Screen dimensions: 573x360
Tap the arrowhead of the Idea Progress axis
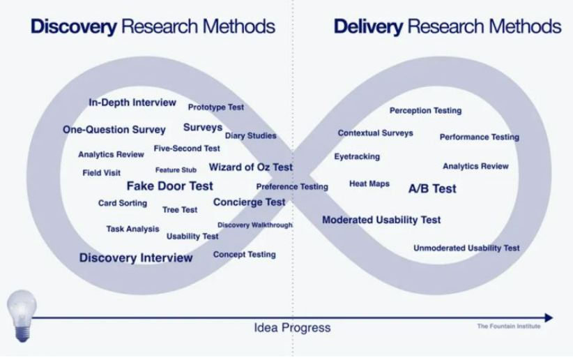549,318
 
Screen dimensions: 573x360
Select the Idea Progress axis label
292,327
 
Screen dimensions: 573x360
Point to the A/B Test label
432,188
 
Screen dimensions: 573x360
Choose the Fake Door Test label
169,186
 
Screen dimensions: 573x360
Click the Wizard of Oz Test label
251,167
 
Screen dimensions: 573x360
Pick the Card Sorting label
123,203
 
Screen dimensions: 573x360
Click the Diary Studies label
250,135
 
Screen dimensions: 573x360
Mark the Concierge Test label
249,202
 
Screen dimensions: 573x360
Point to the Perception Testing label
425,110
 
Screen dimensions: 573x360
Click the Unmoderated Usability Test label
466,248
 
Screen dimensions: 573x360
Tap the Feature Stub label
176,170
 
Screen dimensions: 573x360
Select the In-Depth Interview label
132,103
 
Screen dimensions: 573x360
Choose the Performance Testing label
479,137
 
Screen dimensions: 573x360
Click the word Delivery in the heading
368,27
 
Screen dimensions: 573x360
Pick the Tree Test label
180,209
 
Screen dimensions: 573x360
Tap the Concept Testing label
244,255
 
